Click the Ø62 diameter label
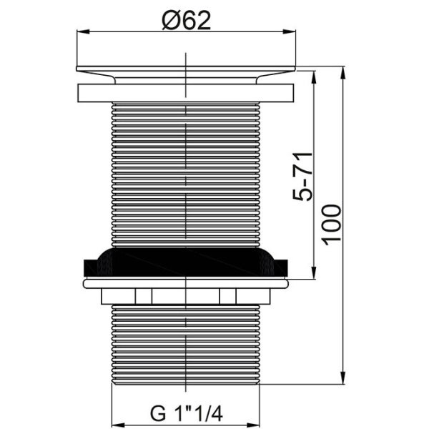click(186, 21)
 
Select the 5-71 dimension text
click(305, 176)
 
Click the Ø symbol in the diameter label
click(169, 21)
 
